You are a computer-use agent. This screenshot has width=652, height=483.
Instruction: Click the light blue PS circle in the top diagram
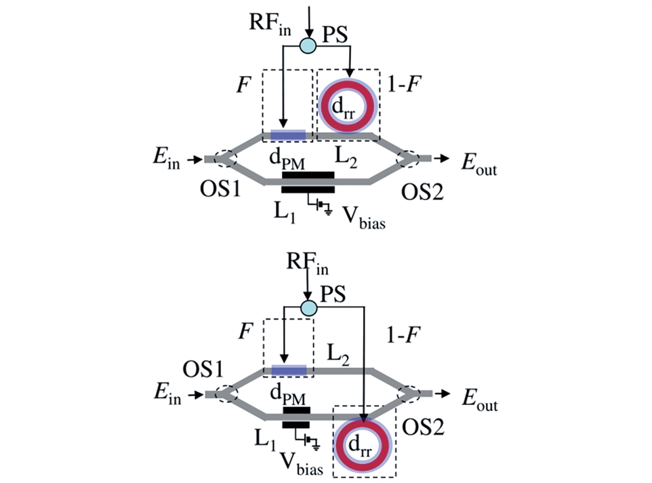click(308, 46)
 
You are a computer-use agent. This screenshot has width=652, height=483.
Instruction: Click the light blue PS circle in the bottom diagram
click(308, 308)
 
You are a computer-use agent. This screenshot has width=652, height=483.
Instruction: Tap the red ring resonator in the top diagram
click(347, 106)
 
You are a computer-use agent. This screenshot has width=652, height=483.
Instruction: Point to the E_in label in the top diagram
click(167, 160)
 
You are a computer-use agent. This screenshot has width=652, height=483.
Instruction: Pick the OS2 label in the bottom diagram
click(422, 425)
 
